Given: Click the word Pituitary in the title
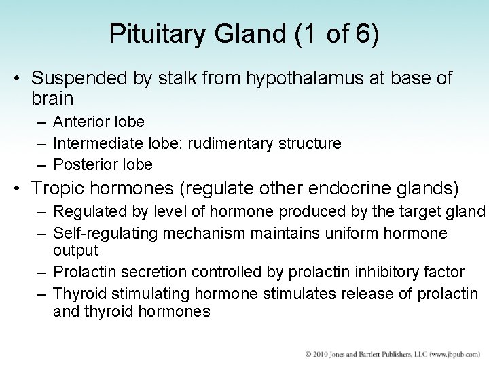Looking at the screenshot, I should pyautogui.click(x=149, y=35).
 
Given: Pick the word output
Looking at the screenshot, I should pyautogui.click(x=75, y=250).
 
